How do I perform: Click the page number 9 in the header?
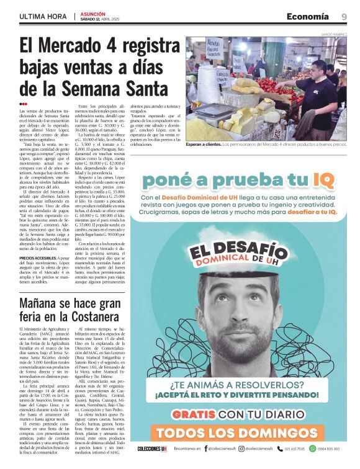click(x=344, y=17)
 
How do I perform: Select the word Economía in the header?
click(x=308, y=17)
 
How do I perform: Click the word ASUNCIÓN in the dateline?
click(x=94, y=13)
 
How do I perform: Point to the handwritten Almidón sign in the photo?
click(x=214, y=48)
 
